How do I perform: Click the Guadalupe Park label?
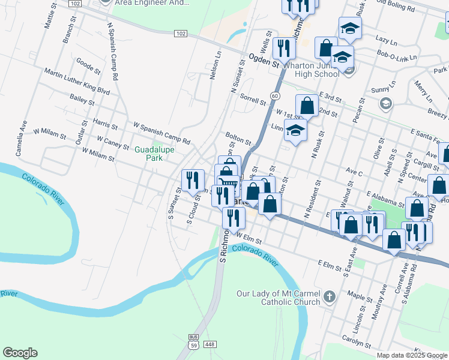[154, 154]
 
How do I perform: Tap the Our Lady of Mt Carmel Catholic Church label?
[278, 298]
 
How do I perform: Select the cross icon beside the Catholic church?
[329, 296]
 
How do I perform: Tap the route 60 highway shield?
[274, 96]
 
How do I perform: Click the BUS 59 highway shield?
[193, 343]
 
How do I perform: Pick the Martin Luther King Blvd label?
[76, 82]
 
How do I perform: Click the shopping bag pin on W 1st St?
[307, 105]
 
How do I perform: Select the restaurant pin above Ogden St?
[283, 47]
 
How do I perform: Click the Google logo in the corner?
[20, 353]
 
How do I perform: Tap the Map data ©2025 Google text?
[412, 355]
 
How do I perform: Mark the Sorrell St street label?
[252, 99]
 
